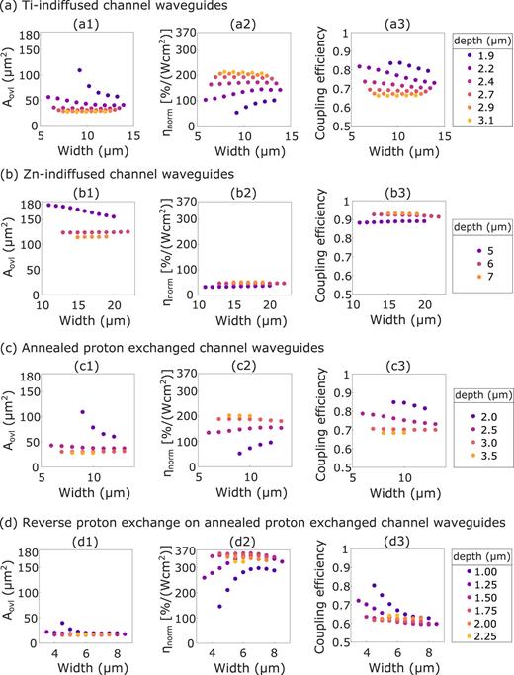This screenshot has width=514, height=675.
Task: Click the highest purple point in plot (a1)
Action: pyautogui.click(x=79, y=70)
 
